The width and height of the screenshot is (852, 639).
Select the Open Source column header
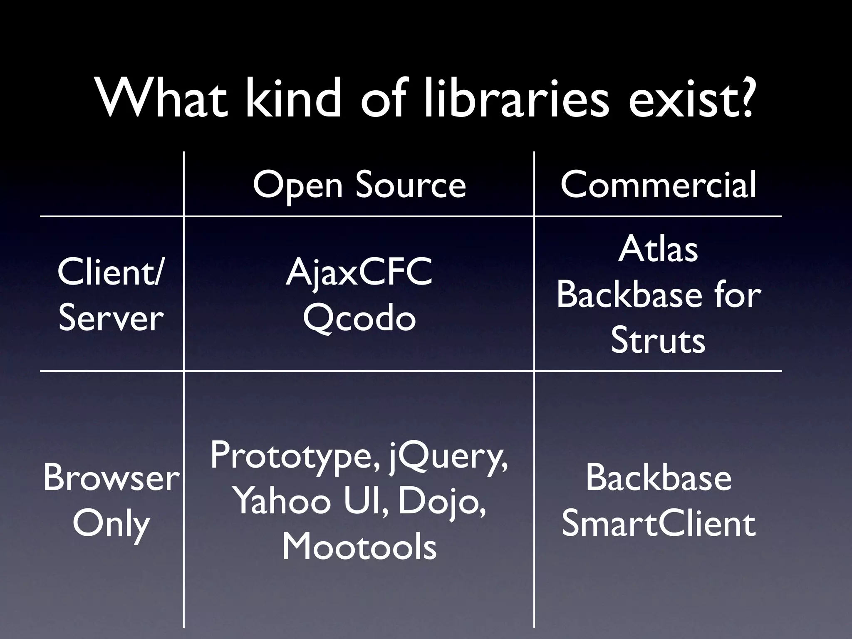pos(359,185)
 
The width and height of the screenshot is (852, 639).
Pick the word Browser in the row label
pos(111,478)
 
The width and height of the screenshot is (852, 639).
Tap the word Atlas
pos(658,250)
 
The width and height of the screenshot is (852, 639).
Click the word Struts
pos(658,341)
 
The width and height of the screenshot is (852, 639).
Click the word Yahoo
pos(283,501)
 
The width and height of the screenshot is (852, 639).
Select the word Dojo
pos(441,502)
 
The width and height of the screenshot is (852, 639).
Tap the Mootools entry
pos(359,547)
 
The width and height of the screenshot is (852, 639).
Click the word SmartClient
pos(658,524)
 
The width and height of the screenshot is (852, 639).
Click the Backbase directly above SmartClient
pos(658,478)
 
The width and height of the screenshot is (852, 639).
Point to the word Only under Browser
pos(111,524)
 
